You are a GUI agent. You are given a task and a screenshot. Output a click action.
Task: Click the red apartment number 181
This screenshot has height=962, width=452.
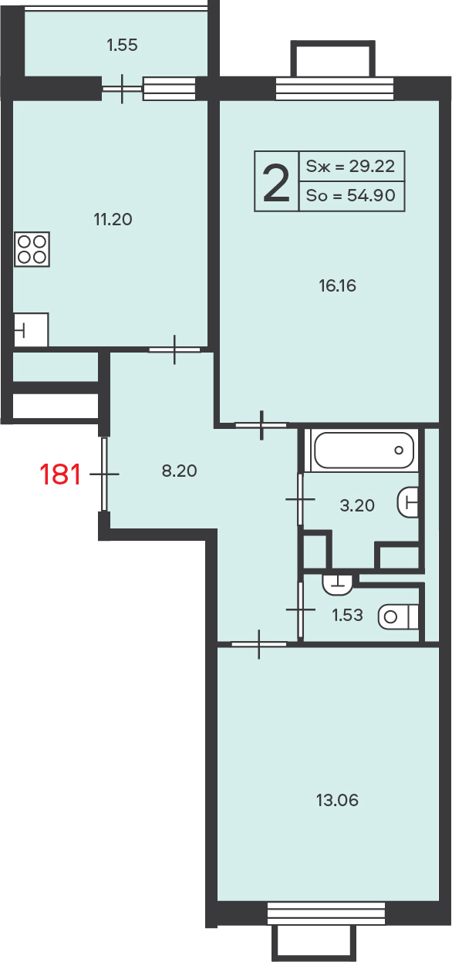[60, 474]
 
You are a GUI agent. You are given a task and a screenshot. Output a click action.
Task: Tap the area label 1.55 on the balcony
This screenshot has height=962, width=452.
[122, 45]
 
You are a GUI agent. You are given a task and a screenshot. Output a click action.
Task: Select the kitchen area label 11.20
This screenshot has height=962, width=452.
[113, 219]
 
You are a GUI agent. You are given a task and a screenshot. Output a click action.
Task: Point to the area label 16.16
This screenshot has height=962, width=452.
[337, 285]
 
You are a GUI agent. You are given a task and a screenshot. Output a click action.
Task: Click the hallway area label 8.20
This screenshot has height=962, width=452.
[179, 471]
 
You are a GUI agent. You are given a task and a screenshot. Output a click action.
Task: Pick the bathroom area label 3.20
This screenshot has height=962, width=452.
[357, 505]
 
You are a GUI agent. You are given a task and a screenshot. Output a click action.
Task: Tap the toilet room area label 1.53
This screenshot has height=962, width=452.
[347, 615]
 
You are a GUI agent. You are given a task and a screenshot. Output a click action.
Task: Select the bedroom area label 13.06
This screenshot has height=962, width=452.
[337, 800]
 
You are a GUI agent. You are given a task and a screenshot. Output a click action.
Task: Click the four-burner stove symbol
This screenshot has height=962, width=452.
[32, 249]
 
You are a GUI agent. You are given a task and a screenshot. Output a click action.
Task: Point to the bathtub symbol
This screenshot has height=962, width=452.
[364, 451]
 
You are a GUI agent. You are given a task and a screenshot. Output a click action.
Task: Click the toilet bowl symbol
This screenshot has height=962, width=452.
[398, 617]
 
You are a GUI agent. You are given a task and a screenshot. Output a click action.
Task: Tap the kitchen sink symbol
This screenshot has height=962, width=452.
[31, 330]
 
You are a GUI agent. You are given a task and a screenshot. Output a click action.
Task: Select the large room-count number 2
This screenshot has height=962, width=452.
[276, 184]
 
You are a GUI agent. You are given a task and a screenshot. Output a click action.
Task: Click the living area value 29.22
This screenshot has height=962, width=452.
[372, 166]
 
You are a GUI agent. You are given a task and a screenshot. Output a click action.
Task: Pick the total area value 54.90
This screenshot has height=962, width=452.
[371, 195]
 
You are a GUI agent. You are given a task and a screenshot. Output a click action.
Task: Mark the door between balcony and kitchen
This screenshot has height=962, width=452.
[123, 89]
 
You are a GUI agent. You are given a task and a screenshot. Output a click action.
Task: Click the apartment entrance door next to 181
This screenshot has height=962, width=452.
[104, 474]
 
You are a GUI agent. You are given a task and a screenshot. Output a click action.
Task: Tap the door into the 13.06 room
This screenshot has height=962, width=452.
[259, 644]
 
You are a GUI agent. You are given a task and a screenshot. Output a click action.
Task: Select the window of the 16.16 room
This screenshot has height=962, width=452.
[334, 89]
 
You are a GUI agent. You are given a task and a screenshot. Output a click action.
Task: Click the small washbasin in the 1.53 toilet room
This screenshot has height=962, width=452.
[337, 586]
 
